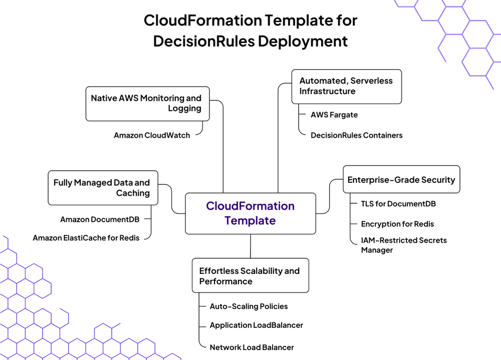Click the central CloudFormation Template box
point(250,213)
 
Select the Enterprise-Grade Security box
point(401,179)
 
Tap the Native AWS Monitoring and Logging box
point(148,104)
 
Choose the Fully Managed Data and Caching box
point(103,188)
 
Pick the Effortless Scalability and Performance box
point(250,275)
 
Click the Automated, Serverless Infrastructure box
point(347,87)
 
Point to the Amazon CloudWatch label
point(152,136)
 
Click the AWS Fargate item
point(334,115)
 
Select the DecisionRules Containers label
point(357,136)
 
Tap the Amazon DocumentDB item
point(100,219)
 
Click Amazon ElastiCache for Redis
point(86,238)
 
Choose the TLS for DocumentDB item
point(398,204)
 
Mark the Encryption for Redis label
point(397,224)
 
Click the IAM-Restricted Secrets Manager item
point(404,245)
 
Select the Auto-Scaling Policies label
point(248,306)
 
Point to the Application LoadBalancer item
point(256,325)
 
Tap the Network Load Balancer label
point(252,347)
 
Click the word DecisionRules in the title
point(204,41)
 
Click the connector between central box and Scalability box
point(250,246)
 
